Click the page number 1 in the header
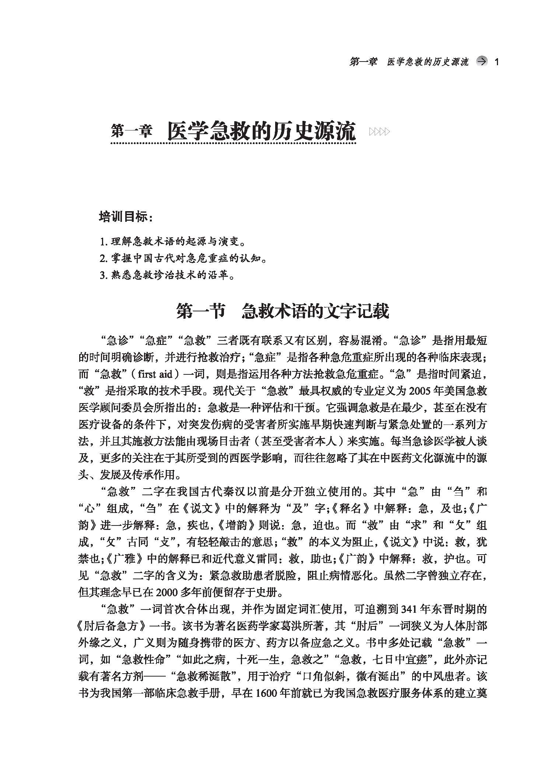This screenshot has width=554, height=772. pyautogui.click(x=497, y=62)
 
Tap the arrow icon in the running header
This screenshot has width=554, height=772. pyautogui.click(x=481, y=62)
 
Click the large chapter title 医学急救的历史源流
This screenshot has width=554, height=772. pyautogui.click(x=262, y=131)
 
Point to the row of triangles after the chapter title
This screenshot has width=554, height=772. pyautogui.click(x=379, y=132)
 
